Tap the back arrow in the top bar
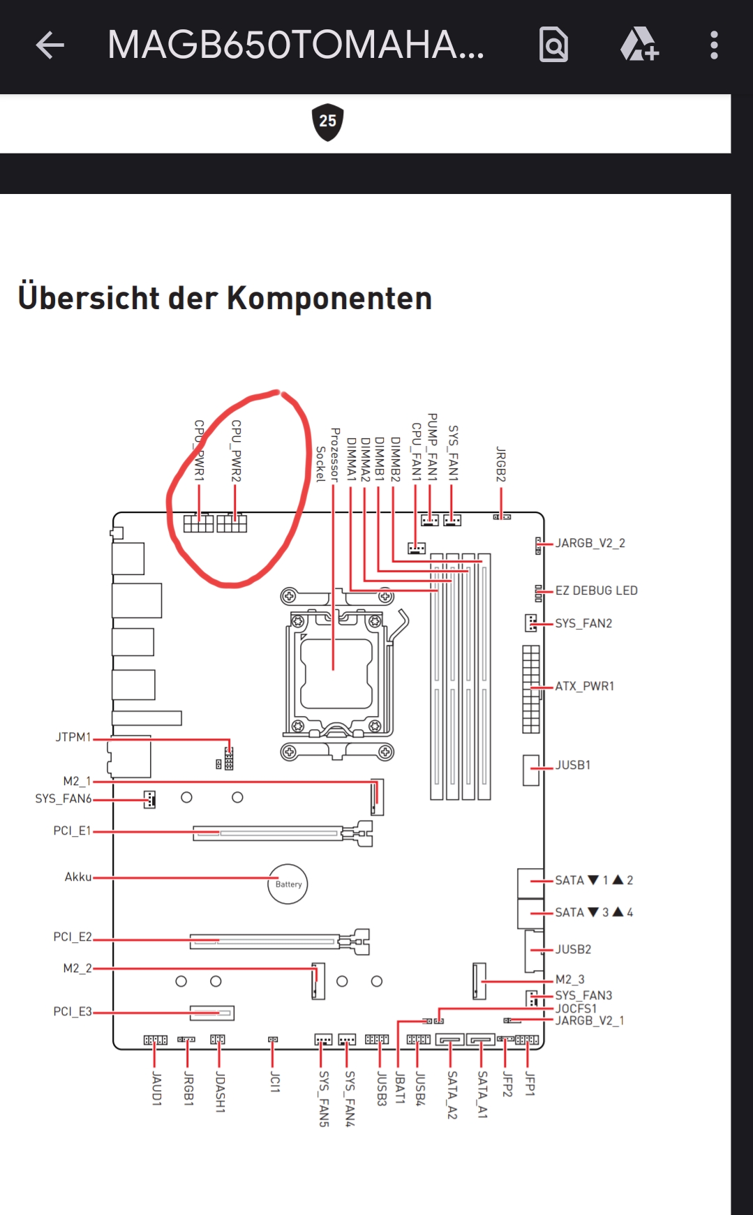(x=50, y=45)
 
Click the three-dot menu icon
(x=714, y=45)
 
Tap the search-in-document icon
(x=554, y=45)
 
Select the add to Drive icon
(x=639, y=45)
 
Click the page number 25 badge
(x=328, y=122)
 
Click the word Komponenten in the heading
(x=329, y=299)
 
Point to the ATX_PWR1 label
(x=585, y=687)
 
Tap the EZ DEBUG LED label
(x=597, y=590)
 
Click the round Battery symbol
(x=288, y=884)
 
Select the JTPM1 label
(x=73, y=738)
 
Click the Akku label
(x=78, y=877)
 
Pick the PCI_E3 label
(x=73, y=1012)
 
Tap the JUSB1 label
(x=573, y=766)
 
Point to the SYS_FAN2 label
(x=583, y=624)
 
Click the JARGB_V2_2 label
(x=590, y=544)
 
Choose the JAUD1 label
(x=156, y=1089)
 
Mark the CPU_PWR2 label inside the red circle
(x=236, y=451)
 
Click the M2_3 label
(x=570, y=980)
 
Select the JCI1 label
(x=275, y=1083)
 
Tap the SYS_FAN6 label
(x=64, y=799)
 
